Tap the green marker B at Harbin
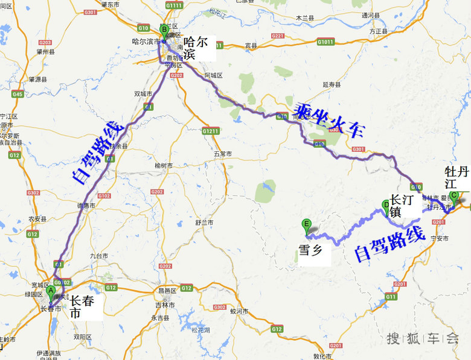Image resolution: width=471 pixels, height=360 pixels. pos(164,31)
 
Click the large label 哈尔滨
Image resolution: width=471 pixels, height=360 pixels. pos(196,48)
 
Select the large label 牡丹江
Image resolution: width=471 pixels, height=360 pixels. pos(456,175)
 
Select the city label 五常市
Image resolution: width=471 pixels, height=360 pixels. pos(222,154)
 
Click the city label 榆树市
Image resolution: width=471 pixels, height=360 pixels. pos(164,166)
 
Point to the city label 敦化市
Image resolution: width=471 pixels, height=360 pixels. pos(322,356)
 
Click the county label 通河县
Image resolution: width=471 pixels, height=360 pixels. pos(370,15)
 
